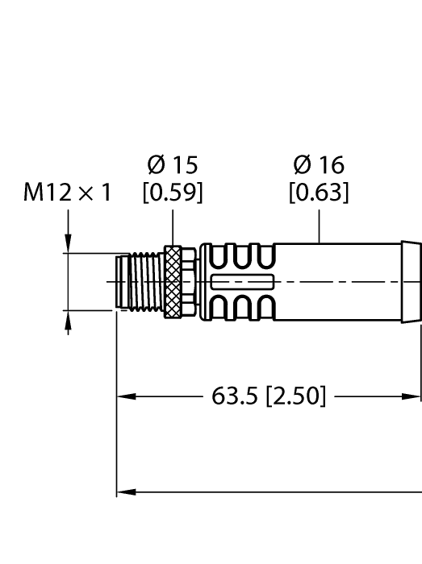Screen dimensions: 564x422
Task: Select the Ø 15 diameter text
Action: click(172, 165)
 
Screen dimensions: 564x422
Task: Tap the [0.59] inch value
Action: click(172, 193)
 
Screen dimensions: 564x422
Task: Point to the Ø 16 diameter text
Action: click(319, 165)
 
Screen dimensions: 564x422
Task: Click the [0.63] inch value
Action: click(319, 193)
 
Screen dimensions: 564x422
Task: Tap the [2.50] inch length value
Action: click(296, 396)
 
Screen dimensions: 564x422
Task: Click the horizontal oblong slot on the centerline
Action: click(242, 281)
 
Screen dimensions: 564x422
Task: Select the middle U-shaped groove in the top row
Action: click(242, 256)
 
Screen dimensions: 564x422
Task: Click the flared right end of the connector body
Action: click(411, 281)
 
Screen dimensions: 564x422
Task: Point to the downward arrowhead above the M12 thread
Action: click(68, 244)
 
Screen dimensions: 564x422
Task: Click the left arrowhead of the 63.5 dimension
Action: click(126, 396)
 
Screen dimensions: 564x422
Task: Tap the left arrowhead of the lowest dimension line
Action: click(126, 491)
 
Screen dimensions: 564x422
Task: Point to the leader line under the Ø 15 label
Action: click(172, 226)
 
